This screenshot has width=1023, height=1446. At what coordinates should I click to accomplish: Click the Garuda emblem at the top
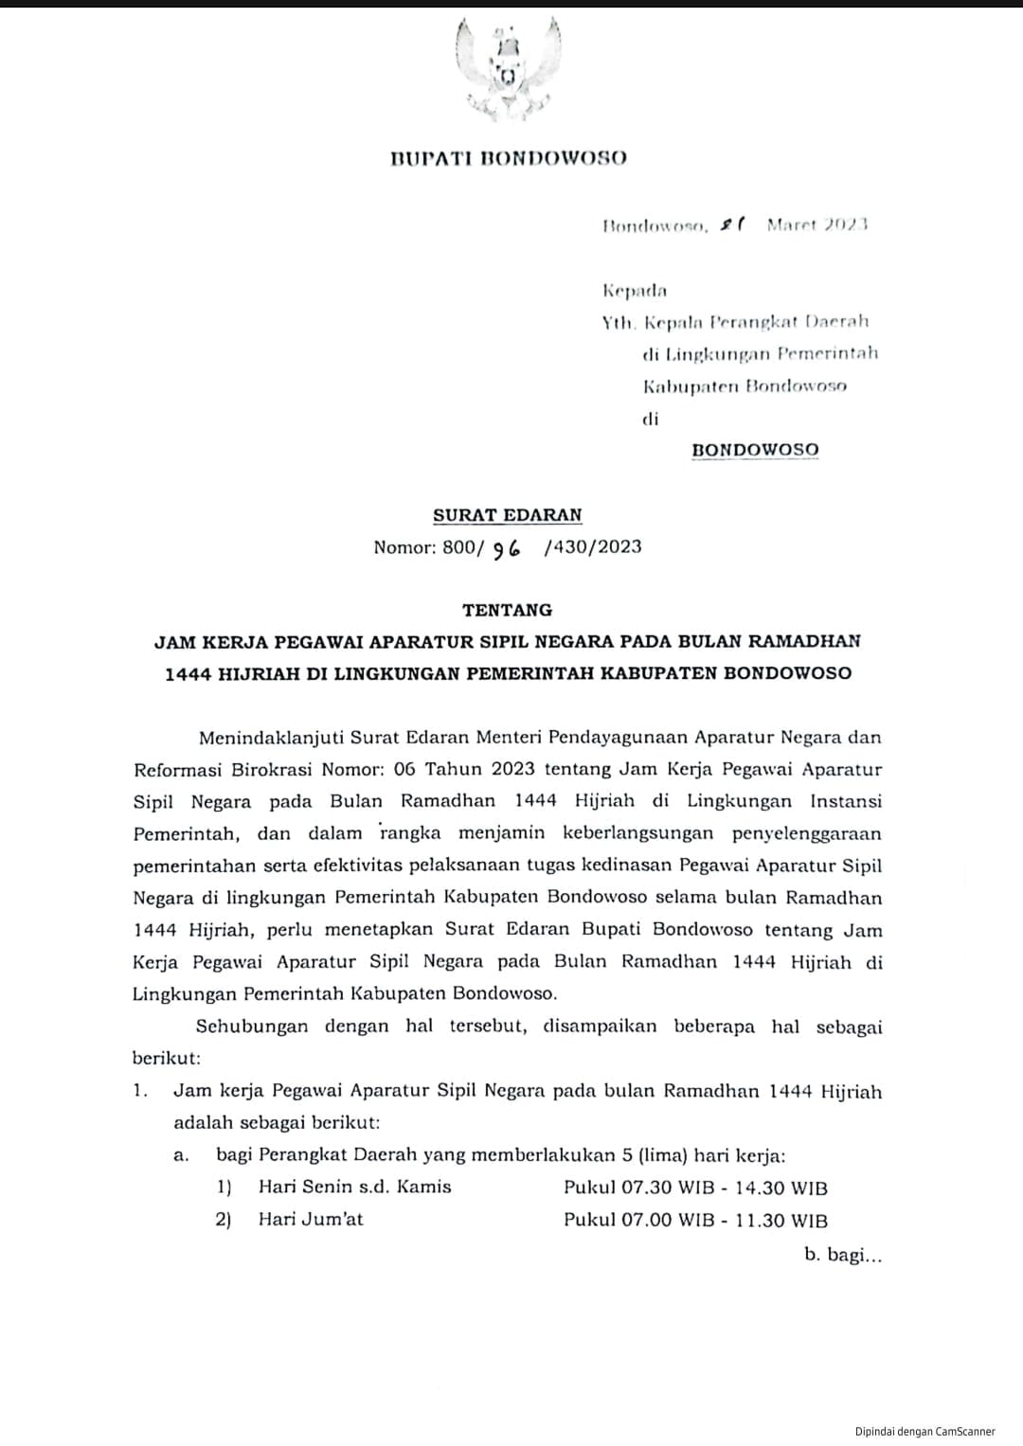point(508,71)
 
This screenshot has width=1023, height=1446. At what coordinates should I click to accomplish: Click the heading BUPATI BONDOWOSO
point(508,158)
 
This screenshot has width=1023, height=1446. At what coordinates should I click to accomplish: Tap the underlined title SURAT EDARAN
point(508,515)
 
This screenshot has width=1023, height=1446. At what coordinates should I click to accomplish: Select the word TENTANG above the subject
point(508,610)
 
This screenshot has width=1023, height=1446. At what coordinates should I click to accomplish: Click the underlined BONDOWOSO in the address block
point(755,450)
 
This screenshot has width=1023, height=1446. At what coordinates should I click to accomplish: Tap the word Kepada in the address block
point(635,290)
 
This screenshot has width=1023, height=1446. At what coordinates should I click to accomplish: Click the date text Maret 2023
point(817,224)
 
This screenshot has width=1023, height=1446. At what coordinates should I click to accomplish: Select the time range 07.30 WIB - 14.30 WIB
point(725,1187)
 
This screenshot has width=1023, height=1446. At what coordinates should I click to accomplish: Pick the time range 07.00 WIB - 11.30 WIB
point(725,1220)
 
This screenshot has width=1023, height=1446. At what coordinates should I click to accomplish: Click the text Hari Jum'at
point(311,1219)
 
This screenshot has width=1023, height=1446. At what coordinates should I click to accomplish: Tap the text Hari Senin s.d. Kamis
point(355,1187)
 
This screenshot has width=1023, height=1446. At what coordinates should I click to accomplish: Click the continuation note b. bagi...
point(843,1255)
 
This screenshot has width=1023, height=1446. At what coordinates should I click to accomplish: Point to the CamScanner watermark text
point(924,1432)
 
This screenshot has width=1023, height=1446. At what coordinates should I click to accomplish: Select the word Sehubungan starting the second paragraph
point(252,1026)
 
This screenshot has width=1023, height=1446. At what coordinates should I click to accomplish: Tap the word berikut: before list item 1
point(167,1058)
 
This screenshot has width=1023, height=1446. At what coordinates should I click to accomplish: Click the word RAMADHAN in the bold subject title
point(804,641)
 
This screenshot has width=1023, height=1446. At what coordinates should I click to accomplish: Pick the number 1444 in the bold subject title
point(188,673)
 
